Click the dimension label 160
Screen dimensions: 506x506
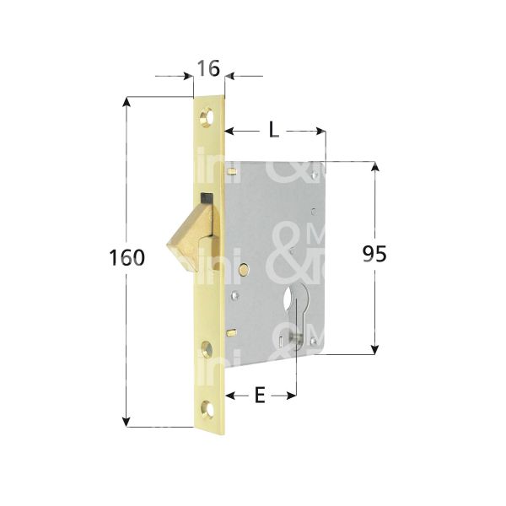tap(127, 257)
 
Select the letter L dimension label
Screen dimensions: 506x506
tap(273, 131)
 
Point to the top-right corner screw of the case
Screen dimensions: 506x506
tap(315, 175)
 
